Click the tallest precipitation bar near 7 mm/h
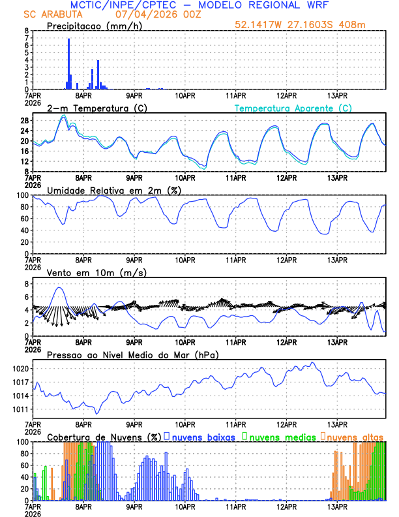[69, 64]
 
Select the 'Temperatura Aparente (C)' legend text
[293, 108]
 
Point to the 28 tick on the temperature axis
[23, 121]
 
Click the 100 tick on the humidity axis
[22, 195]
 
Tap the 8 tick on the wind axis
[25, 284]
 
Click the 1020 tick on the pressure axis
[19, 369]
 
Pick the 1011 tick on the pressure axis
[19, 409]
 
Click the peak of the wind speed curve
[59, 288]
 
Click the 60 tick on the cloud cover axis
[23, 465]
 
